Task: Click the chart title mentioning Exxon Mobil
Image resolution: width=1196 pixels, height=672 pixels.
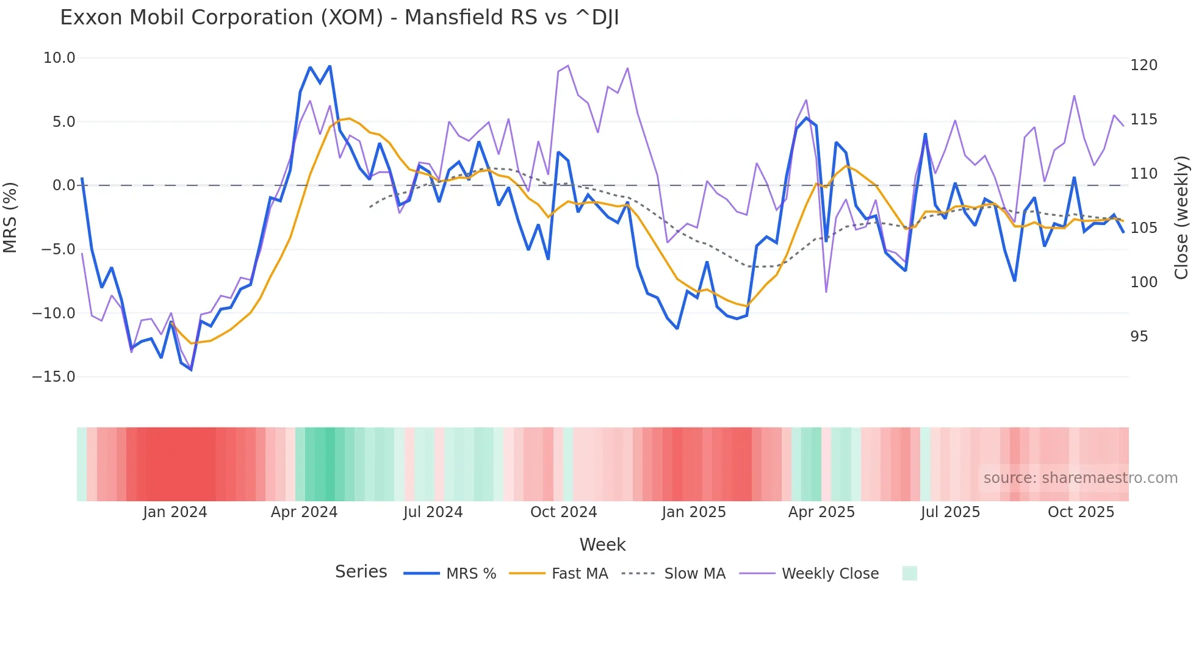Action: pyautogui.click(x=339, y=18)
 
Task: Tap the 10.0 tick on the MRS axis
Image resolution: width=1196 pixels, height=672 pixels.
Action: pyautogui.click(x=59, y=58)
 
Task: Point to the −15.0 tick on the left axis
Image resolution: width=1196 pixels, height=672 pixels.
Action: pyautogui.click(x=54, y=377)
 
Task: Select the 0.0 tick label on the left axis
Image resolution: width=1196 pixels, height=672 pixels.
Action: pyautogui.click(x=64, y=185)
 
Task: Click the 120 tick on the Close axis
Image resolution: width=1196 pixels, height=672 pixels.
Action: pyautogui.click(x=1144, y=65)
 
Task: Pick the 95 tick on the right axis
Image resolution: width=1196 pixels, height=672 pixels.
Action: pyautogui.click(x=1139, y=337)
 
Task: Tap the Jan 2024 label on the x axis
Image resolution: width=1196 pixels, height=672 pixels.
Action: pyautogui.click(x=175, y=512)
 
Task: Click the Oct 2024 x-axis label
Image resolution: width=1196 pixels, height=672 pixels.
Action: pyautogui.click(x=563, y=512)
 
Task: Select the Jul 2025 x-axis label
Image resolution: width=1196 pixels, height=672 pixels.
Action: pyautogui.click(x=950, y=512)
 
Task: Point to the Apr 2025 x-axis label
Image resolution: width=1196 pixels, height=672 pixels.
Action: pyautogui.click(x=821, y=512)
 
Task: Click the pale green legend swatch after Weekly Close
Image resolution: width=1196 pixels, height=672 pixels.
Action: pyautogui.click(x=909, y=573)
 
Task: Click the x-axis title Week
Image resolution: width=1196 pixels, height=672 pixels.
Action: pyautogui.click(x=602, y=545)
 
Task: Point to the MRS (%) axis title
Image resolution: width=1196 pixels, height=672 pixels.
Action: pyautogui.click(x=10, y=217)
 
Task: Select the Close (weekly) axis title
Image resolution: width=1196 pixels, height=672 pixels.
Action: pyautogui.click(x=1181, y=217)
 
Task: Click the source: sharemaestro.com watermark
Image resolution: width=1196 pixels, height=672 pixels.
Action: pyautogui.click(x=1080, y=478)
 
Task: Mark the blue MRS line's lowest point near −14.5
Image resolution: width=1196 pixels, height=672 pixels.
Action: pyautogui.click(x=191, y=370)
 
